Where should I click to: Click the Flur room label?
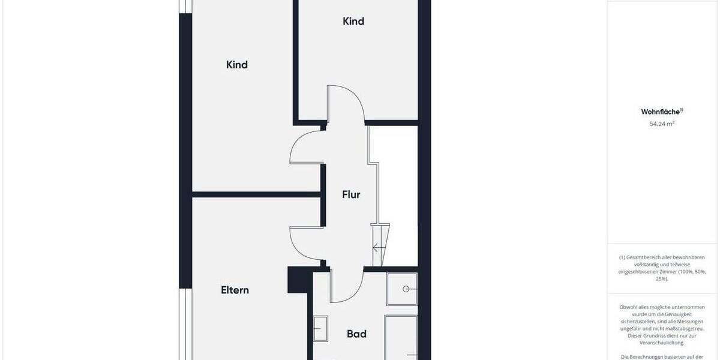point(351,194)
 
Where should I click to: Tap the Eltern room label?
point(235,290)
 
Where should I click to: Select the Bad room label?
point(356,334)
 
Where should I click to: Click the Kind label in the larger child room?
point(237,65)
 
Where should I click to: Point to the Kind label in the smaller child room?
point(353,22)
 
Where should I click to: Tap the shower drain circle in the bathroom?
point(406,289)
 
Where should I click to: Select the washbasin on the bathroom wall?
point(320,329)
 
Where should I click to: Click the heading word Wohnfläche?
point(661,112)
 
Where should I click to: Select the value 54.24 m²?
point(662,124)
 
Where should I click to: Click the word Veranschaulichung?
point(662,343)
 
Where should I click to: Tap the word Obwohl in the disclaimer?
point(629,307)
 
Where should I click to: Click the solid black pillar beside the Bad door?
point(296,280)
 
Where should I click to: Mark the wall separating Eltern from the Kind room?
point(256,194)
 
